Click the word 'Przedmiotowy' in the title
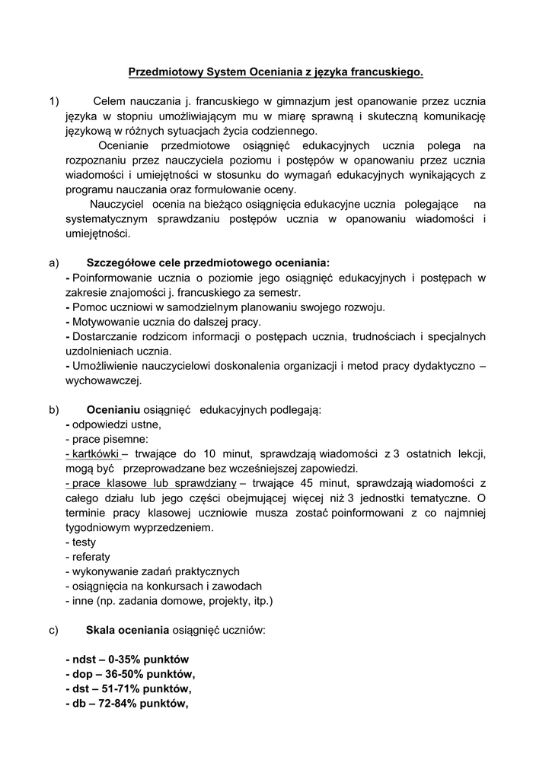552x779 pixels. click(162, 72)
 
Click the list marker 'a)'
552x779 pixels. click(53, 263)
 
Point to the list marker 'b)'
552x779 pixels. click(53, 410)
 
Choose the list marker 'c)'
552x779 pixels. click(53, 631)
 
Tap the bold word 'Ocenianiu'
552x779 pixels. click(113, 410)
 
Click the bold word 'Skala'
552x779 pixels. click(101, 631)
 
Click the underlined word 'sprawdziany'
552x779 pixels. click(205, 484)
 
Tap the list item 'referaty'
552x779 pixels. click(89, 557)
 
